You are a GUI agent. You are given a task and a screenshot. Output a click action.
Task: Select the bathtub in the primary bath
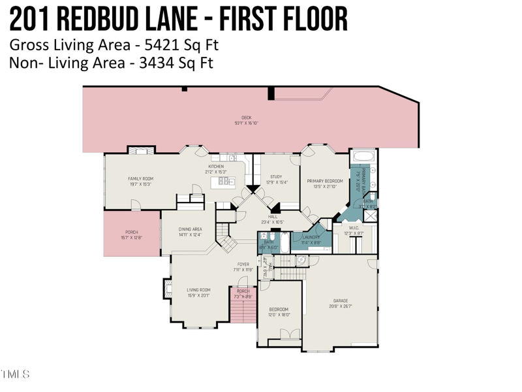click(363, 157)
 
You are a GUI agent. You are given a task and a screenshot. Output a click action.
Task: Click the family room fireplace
click(141, 150)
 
